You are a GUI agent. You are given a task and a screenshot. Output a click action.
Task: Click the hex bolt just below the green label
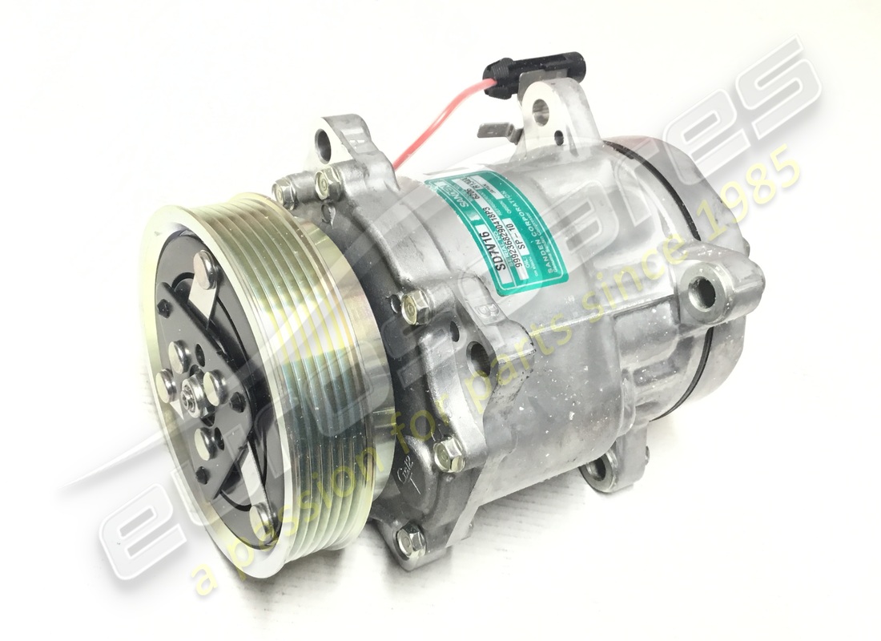pos(413,305)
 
